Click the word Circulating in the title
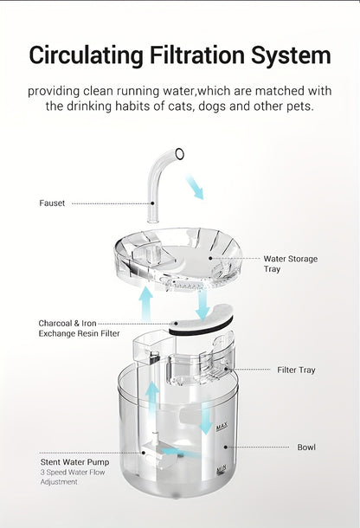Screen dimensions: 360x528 click(x=87, y=55)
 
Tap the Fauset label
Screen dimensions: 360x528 click(x=52, y=203)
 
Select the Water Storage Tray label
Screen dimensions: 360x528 click(x=290, y=264)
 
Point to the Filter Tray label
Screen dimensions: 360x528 click(x=296, y=370)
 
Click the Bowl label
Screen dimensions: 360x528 click(x=306, y=448)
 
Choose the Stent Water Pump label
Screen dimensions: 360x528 click(x=74, y=462)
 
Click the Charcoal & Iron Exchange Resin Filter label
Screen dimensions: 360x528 click(x=79, y=328)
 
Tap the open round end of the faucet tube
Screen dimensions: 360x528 click(x=179, y=153)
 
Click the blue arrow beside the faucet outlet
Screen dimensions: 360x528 click(x=196, y=187)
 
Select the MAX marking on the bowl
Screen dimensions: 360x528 click(x=222, y=427)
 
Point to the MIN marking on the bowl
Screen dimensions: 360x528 click(x=222, y=469)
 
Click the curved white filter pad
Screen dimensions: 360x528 click(x=201, y=319)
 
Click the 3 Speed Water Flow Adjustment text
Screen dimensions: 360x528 click(x=73, y=477)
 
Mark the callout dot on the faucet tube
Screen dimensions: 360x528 click(x=152, y=203)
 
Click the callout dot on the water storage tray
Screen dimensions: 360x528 click(x=210, y=258)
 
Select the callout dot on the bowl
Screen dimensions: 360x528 click(x=226, y=447)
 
